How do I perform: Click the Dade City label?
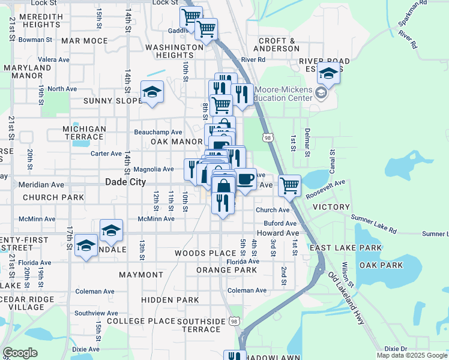click(x=125, y=182)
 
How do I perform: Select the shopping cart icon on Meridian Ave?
click(x=290, y=185)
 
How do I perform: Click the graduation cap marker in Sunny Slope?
click(x=152, y=92)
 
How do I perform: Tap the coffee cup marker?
click(x=245, y=178)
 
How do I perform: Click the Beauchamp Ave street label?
click(x=158, y=132)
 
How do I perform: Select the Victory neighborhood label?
click(x=331, y=207)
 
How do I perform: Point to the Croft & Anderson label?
click(x=278, y=45)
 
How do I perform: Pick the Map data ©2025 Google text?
click(x=411, y=355)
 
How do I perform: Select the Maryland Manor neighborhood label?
click(x=28, y=72)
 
